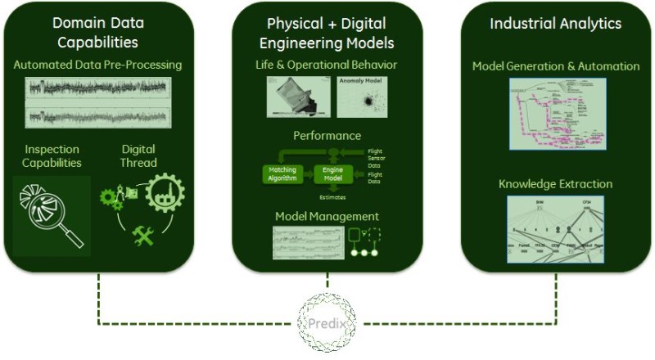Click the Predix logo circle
click(x=327, y=322)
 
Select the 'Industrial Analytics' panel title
click(x=557, y=23)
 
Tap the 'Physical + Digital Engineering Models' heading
click(x=328, y=32)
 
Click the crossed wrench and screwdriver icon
click(x=144, y=237)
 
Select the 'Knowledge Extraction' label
click(x=556, y=184)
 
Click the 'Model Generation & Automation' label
click(x=557, y=65)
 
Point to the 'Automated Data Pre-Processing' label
click(x=97, y=64)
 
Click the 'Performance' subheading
click(x=327, y=135)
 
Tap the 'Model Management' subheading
click(x=327, y=216)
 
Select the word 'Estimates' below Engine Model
click(x=330, y=196)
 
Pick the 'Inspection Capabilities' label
click(x=53, y=155)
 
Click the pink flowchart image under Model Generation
click(x=557, y=113)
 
